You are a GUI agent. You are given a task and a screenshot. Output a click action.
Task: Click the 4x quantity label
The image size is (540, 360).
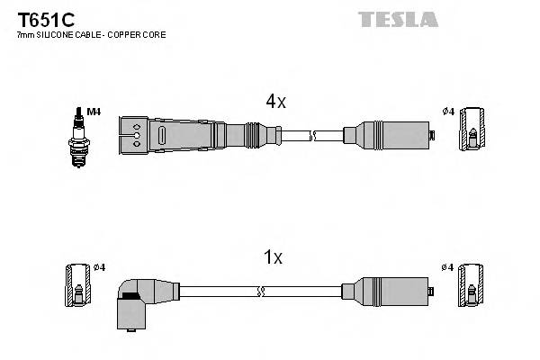[x=274, y=103]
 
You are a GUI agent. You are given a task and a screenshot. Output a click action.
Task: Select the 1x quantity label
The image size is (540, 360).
[x=273, y=258]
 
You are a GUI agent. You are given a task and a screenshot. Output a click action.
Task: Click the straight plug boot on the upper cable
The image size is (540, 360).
[x=180, y=136]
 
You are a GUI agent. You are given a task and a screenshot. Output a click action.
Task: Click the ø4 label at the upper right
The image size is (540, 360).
[x=449, y=112]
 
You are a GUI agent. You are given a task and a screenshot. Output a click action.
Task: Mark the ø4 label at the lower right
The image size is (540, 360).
[x=449, y=266]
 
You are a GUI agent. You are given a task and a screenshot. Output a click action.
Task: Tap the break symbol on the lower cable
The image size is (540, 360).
[x=261, y=292]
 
